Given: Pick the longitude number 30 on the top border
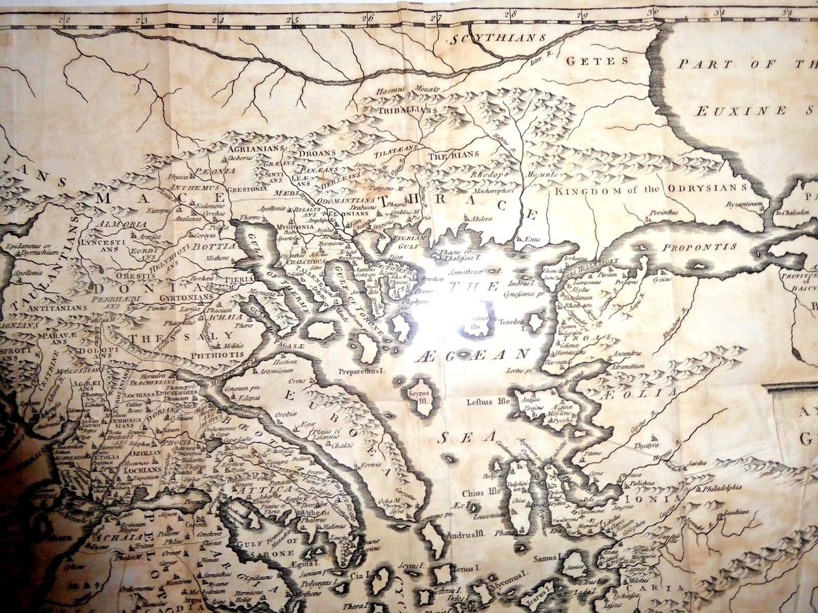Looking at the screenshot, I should (653, 12).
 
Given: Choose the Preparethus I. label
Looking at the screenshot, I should (362, 372).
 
